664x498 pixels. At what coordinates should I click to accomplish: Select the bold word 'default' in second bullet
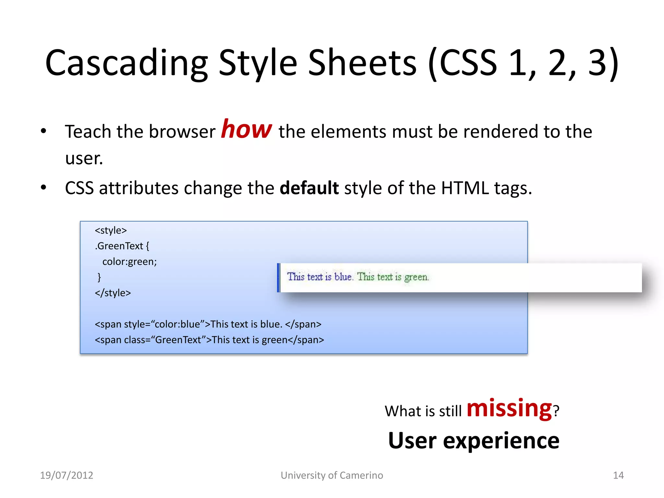pos(309,188)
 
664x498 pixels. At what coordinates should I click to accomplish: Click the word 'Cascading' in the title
pos(126,63)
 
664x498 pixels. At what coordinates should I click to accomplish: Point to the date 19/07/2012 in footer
pos(66,475)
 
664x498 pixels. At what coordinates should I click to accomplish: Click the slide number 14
pos(618,475)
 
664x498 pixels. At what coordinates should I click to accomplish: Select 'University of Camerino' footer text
pos(332,475)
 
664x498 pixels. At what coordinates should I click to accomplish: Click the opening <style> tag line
pos(111,231)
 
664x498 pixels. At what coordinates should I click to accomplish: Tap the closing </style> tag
pos(113,293)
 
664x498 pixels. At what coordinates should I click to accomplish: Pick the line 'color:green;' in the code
pos(129,262)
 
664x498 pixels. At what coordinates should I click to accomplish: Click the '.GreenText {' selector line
pos(122,246)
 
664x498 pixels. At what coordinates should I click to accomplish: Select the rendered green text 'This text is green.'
pos(393,277)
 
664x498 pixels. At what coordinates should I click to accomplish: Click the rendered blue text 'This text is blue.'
pos(320,277)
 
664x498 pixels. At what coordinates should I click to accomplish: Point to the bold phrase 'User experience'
pos(474,441)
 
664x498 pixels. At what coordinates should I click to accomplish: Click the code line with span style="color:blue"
pos(208,324)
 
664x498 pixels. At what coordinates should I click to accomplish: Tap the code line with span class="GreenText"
pos(209,340)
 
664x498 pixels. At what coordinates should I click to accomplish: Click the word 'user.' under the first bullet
pos(84,159)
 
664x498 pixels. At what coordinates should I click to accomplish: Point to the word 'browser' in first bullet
pos(182,132)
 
